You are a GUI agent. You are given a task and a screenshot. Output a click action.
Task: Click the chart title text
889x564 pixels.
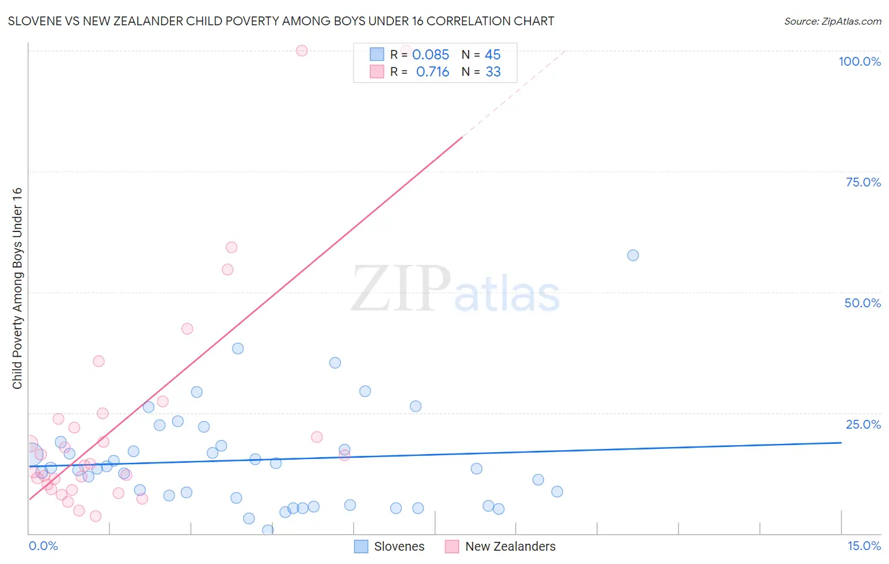pyautogui.click(x=281, y=21)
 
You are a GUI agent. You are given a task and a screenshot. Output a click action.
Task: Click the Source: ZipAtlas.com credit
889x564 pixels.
pyautogui.click(x=832, y=21)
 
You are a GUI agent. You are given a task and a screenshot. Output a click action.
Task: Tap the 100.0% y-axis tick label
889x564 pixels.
pyautogui.click(x=859, y=61)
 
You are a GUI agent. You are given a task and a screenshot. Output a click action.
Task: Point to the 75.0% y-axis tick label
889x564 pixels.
pyautogui.click(x=863, y=182)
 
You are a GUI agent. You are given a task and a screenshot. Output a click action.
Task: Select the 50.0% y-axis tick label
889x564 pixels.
pyautogui.click(x=862, y=303)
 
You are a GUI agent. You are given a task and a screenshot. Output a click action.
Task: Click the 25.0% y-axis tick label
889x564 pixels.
pyautogui.click(x=863, y=424)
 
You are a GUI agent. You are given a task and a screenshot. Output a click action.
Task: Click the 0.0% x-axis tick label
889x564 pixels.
pyautogui.click(x=43, y=546)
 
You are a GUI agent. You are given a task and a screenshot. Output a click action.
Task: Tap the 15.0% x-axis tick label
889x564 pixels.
pyautogui.click(x=864, y=546)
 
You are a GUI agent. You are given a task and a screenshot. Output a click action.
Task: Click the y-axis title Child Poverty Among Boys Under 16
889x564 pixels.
pyautogui.click(x=17, y=288)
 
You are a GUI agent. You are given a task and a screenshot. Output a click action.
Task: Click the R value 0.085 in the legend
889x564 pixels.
pyautogui.click(x=431, y=55)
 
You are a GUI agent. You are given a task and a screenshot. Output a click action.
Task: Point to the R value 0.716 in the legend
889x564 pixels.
pyautogui.click(x=432, y=72)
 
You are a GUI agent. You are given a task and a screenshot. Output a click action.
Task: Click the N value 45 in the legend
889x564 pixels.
pyautogui.click(x=493, y=55)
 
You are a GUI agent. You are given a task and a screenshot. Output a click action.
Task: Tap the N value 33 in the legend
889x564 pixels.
pyautogui.click(x=493, y=72)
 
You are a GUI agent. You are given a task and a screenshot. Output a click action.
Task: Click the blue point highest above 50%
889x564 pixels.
pyautogui.click(x=633, y=255)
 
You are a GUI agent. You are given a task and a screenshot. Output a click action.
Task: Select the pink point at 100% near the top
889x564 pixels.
pyautogui.click(x=302, y=51)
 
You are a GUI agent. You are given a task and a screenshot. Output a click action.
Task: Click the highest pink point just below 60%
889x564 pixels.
pyautogui.click(x=231, y=247)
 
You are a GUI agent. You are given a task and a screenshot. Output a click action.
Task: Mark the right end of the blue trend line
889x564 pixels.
pyautogui.click(x=841, y=443)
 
